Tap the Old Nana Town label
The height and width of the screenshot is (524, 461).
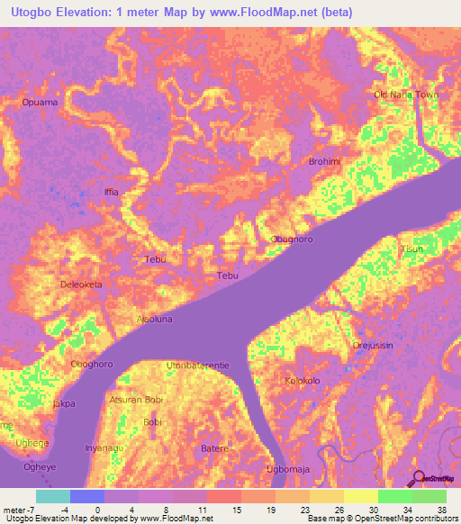(406, 95)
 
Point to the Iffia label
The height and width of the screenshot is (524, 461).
(111, 193)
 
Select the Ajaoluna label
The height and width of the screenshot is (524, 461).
(128, 319)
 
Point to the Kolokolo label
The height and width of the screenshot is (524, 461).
(303, 381)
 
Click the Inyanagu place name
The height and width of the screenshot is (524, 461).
(104, 447)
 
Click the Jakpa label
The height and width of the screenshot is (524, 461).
(63, 404)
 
